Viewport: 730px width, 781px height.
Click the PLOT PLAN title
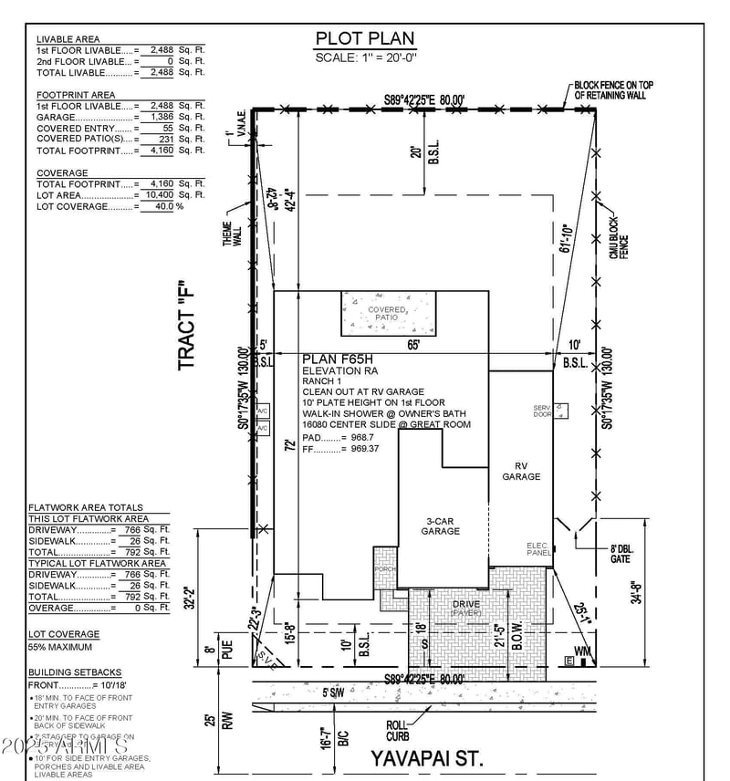(x=364, y=38)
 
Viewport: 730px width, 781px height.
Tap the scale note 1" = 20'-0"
(x=364, y=57)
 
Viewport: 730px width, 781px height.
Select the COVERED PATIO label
(x=387, y=313)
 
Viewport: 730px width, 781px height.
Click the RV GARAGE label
(x=521, y=471)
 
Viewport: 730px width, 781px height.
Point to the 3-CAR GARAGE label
(x=440, y=526)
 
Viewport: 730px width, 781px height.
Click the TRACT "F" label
(x=188, y=325)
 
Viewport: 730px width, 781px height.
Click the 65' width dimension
(x=413, y=345)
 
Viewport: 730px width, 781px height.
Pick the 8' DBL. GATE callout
(x=620, y=553)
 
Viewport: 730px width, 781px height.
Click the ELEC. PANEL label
(x=537, y=549)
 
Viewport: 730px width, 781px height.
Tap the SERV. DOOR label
(x=542, y=411)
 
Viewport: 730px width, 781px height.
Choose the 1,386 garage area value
(x=159, y=118)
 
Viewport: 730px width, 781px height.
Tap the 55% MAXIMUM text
(x=60, y=647)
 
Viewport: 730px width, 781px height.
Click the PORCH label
(x=382, y=569)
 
